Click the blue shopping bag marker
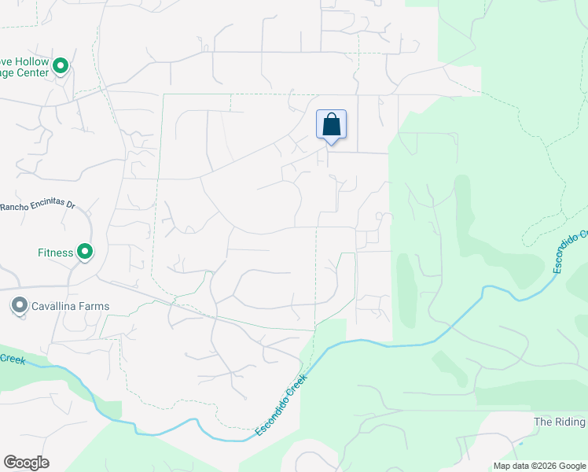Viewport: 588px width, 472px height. (331, 125)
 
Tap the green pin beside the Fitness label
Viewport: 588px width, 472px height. (84, 253)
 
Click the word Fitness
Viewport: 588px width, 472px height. (56, 253)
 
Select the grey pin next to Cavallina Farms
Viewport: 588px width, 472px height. (19, 305)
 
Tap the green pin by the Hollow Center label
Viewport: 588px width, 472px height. (61, 68)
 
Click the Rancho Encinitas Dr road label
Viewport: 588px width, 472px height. (37, 206)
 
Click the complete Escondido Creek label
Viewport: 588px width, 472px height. (281, 405)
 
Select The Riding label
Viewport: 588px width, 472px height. (560, 422)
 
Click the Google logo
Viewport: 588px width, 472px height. (26, 462)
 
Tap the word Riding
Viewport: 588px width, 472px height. (571, 422)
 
